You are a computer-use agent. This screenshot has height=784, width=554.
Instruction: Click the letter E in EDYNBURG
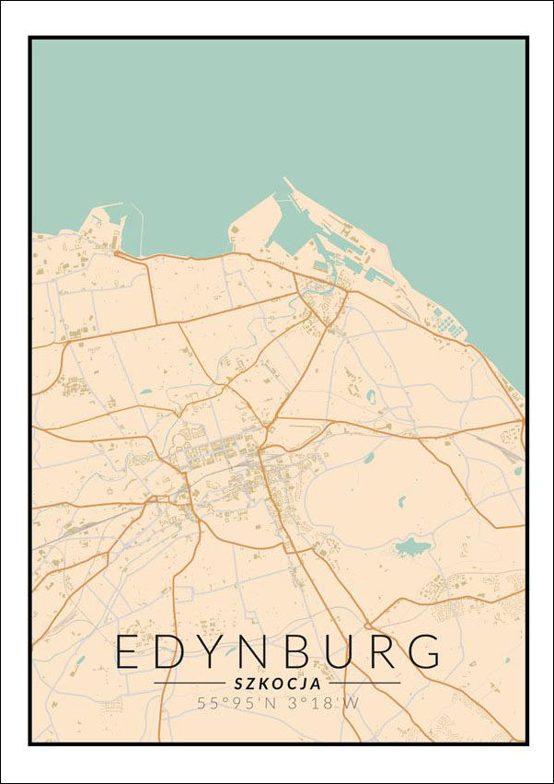pos(127,652)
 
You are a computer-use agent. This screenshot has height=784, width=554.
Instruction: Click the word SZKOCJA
pos(277,684)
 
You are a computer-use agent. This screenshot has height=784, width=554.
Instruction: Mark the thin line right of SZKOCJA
pos(363,684)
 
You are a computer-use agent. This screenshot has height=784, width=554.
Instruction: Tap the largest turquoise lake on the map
pos(410,548)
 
